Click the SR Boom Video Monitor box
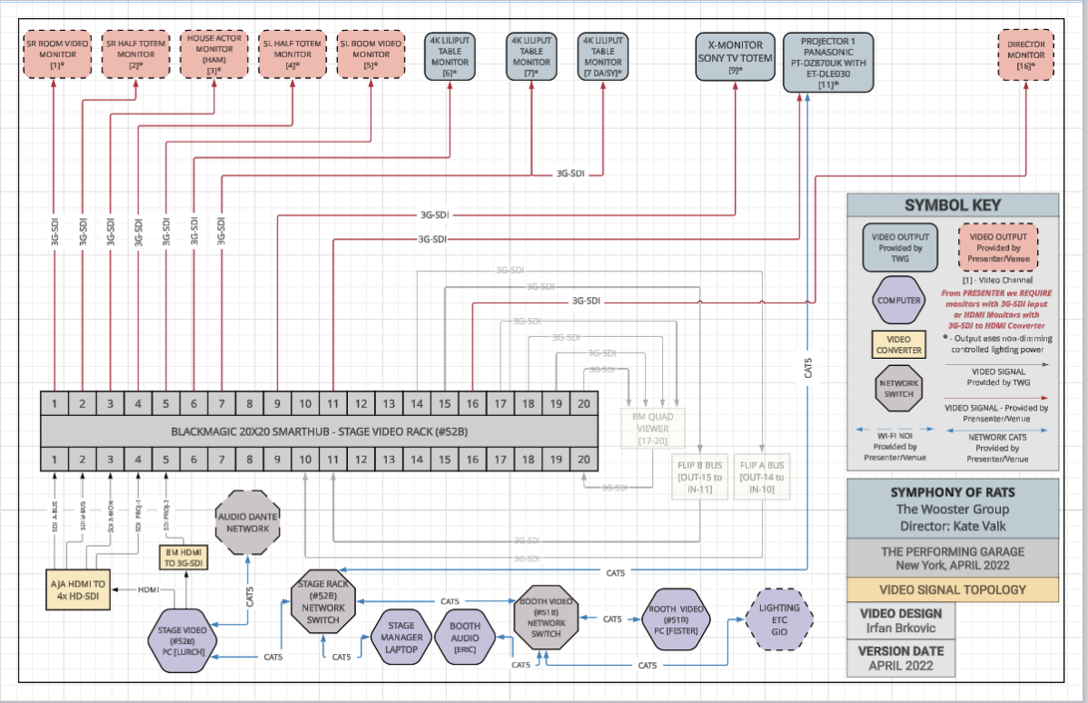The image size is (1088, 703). click(x=55, y=54)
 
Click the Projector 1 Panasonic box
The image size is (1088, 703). click(x=827, y=62)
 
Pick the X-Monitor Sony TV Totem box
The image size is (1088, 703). click(x=735, y=56)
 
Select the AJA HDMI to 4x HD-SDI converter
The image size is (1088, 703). click(x=79, y=590)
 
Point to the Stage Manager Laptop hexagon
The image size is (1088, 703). click(x=401, y=637)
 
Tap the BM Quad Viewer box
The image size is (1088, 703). click(x=655, y=428)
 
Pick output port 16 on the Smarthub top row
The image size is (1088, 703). click(x=472, y=403)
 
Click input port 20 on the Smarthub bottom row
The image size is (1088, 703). click(x=583, y=459)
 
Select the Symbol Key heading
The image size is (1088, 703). click(x=953, y=205)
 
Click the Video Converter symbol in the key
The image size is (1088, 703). click(x=898, y=345)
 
